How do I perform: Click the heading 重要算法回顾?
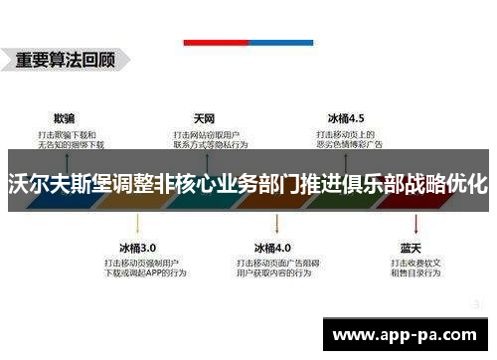pyautogui.click(x=66, y=59)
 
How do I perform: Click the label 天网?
pyautogui.click(x=205, y=116)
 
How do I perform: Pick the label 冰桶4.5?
pyautogui.click(x=345, y=116)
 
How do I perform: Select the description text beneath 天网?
pyautogui.click(x=208, y=138)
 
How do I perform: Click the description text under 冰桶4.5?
pyautogui.click(x=350, y=138)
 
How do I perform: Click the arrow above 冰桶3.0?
pyautogui.click(x=138, y=225)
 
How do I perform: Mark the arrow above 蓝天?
pyautogui.click(x=411, y=225)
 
